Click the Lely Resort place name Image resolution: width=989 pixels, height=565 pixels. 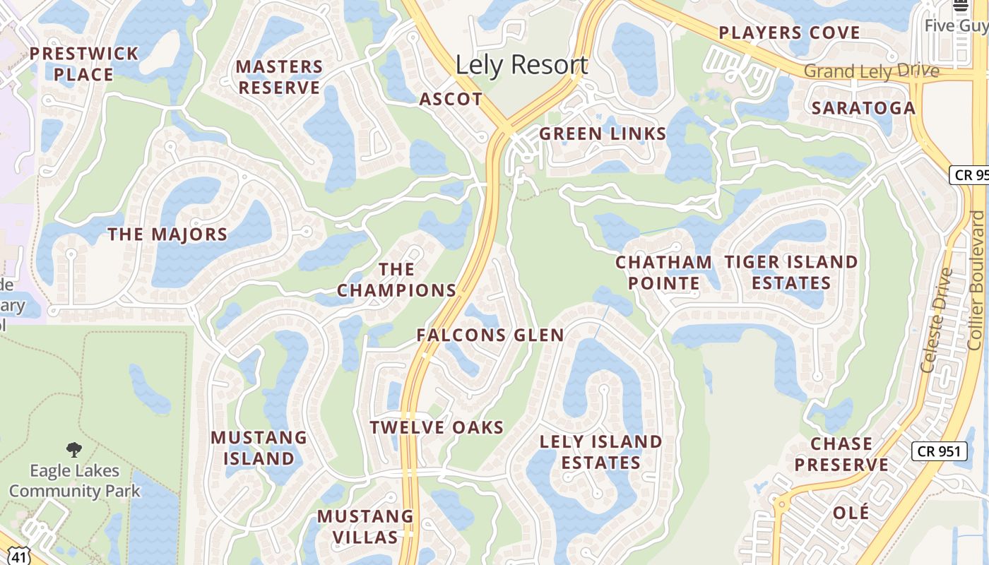521,65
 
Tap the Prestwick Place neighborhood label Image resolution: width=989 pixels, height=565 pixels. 84,64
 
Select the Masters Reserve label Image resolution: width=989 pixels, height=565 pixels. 279,77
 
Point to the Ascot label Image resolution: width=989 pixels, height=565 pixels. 451,100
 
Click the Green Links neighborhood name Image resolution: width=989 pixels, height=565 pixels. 603,133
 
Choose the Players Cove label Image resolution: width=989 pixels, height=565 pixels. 789,33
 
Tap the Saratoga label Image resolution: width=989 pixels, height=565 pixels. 863,108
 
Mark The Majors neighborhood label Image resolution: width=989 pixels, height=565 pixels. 167,234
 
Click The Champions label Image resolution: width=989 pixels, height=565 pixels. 396,280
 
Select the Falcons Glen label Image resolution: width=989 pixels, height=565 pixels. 490,335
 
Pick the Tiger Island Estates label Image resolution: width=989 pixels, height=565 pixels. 791,273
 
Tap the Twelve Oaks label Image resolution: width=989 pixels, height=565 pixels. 437,427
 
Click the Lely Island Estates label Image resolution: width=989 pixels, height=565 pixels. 601,452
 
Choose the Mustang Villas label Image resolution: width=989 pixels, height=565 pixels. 365,527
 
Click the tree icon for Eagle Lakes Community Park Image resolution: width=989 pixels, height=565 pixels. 73,450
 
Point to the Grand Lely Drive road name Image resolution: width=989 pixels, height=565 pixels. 872,71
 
